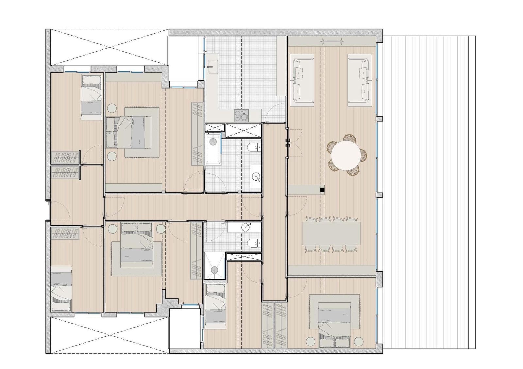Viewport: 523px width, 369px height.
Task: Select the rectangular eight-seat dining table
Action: point(331,233)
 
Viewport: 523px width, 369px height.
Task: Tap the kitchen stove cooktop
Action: point(242,115)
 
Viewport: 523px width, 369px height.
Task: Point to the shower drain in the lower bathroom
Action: point(214,270)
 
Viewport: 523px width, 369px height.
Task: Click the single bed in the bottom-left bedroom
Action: point(61,289)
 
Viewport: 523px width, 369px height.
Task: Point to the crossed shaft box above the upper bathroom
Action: point(244,130)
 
